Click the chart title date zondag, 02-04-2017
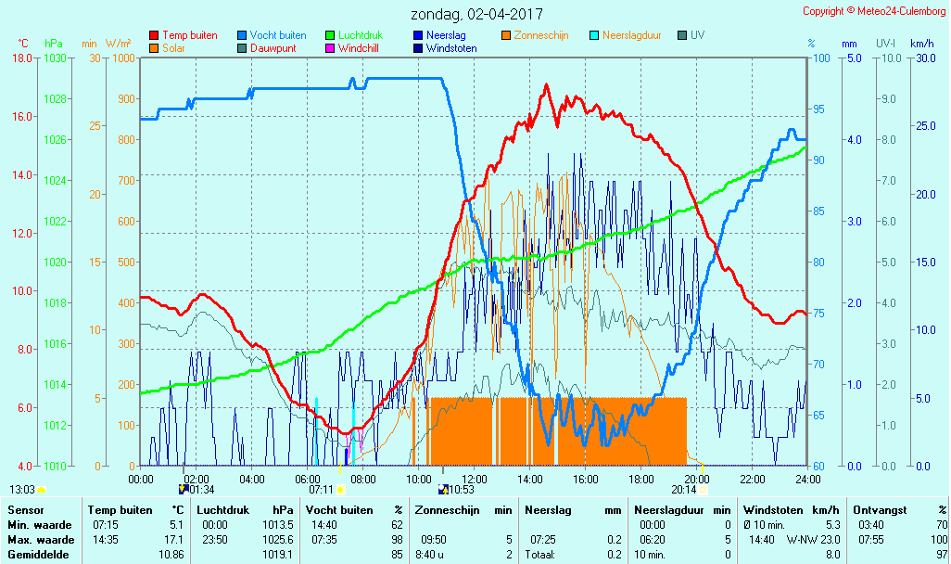pos(476,15)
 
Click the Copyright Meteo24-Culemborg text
pos(874,11)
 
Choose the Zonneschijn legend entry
pos(540,35)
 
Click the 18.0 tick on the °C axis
pos(21,58)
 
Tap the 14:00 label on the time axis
pos(529,479)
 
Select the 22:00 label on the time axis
pos(752,479)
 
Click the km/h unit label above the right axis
pos(921,44)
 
